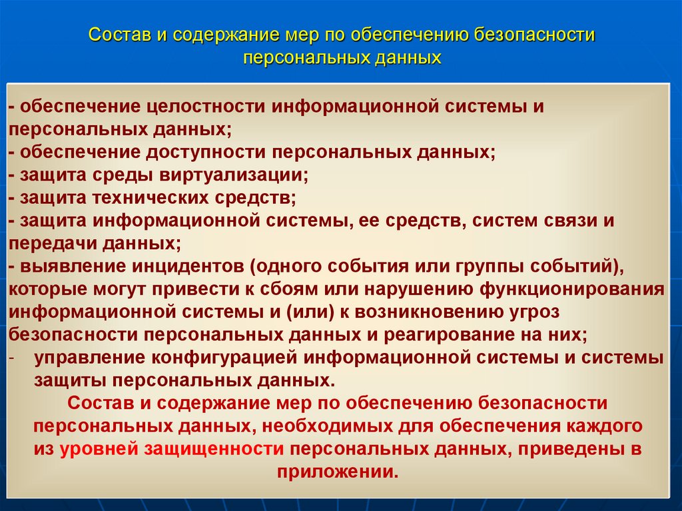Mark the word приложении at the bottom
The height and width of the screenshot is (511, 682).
click(336, 472)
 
